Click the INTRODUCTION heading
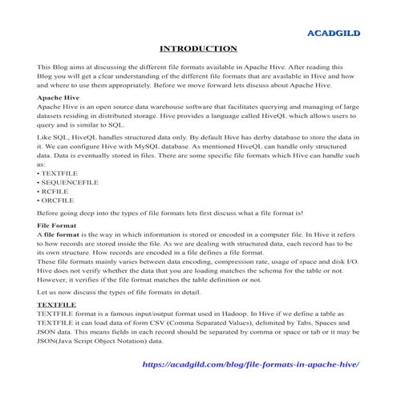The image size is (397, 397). [198, 48]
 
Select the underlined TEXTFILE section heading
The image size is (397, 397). [58, 306]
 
